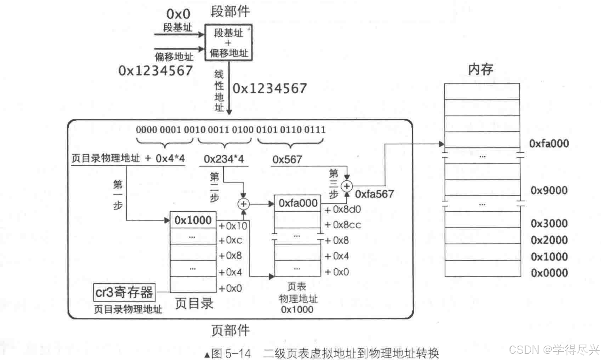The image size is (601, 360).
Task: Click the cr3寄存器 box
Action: pos(124,292)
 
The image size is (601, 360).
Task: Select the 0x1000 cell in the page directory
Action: pos(193,220)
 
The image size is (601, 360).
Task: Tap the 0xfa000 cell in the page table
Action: pos(298,203)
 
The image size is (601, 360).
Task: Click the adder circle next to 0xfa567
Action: pos(347,186)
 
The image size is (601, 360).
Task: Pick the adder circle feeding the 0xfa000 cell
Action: pos(244,204)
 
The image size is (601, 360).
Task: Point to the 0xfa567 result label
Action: pos(374,194)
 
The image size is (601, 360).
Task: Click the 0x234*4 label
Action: pos(224,159)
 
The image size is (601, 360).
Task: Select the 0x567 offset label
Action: pos(287,159)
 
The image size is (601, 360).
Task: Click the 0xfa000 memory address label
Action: pos(549,144)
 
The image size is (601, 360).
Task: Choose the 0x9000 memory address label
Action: pos(549,190)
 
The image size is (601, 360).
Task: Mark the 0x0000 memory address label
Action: pos(549,273)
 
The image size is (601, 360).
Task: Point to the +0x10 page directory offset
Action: pos(233,226)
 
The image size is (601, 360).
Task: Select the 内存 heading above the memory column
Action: pos(480,69)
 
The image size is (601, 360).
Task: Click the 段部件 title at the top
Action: pos(230,12)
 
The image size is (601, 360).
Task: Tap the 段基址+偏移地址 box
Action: pos(229,43)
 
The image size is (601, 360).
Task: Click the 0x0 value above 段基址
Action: pos(178,14)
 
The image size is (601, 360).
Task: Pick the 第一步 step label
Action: pos(118,195)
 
